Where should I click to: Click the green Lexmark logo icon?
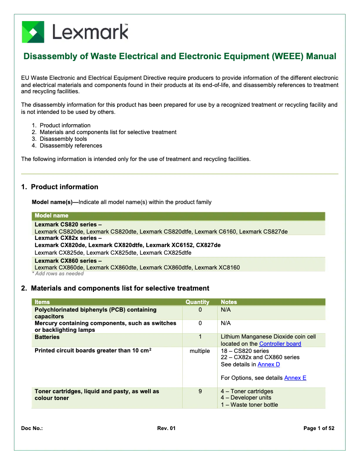click(x=33, y=32)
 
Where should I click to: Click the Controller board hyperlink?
click(x=280, y=344)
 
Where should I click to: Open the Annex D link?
click(x=268, y=365)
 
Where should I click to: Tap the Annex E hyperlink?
click(x=295, y=378)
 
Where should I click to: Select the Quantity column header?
click(x=198, y=302)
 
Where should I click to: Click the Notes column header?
click(x=229, y=302)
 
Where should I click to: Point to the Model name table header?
click(x=52, y=216)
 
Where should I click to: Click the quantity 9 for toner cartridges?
click(x=200, y=391)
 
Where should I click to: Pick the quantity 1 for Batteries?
click(x=200, y=337)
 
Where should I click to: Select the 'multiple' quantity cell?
click(x=200, y=351)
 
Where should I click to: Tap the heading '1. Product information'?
click(x=60, y=187)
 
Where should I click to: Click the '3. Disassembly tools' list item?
click(x=63, y=139)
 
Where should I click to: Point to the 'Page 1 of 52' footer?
click(x=319, y=429)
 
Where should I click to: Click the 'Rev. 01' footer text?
click(x=166, y=429)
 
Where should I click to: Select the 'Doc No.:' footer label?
click(x=32, y=429)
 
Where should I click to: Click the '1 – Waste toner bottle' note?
click(x=249, y=405)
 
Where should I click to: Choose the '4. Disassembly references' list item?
click(x=70, y=146)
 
